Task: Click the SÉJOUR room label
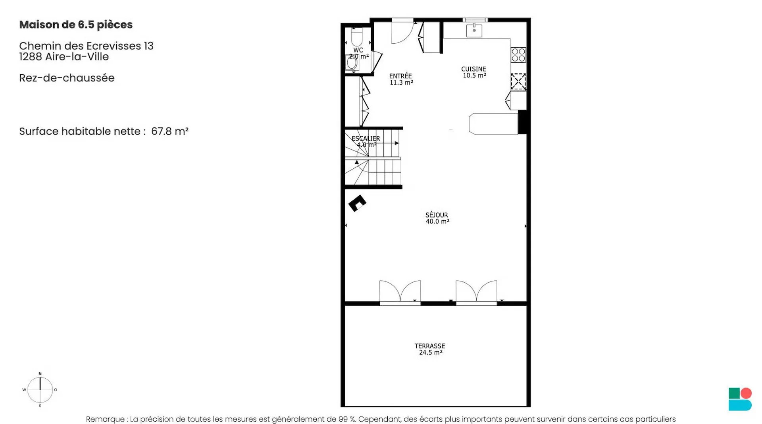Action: coord(437,215)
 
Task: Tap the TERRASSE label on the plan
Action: coord(430,346)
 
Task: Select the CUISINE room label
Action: coord(473,69)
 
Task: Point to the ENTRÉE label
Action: coord(400,76)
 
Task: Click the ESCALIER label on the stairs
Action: coord(366,138)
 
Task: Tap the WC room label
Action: coord(358,50)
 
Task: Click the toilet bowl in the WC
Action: coord(357,37)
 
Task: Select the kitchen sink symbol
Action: coord(474,30)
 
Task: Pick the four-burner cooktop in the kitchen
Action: coord(518,55)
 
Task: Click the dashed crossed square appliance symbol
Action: coord(518,81)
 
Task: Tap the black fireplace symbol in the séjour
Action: coord(357,203)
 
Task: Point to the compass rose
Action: coord(40,389)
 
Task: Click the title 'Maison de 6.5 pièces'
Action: coord(76,25)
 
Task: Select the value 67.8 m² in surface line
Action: coord(170,131)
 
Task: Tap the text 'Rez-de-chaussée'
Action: coord(67,78)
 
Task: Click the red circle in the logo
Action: coord(746,393)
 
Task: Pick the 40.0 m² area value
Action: coord(437,221)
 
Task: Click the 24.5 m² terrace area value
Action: coord(431,352)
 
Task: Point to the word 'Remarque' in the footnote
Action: coord(105,419)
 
